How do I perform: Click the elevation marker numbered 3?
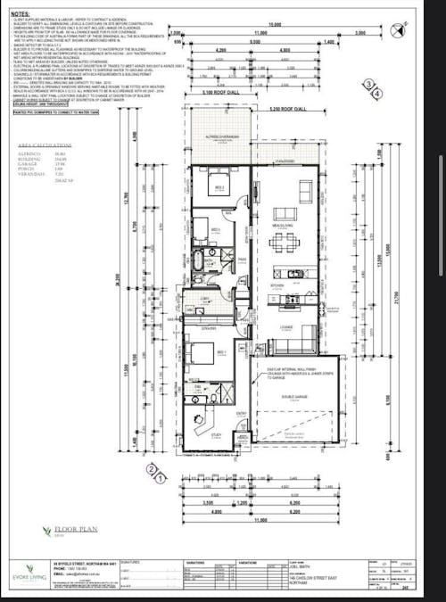click(366, 83)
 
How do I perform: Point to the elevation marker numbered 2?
click(153, 468)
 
